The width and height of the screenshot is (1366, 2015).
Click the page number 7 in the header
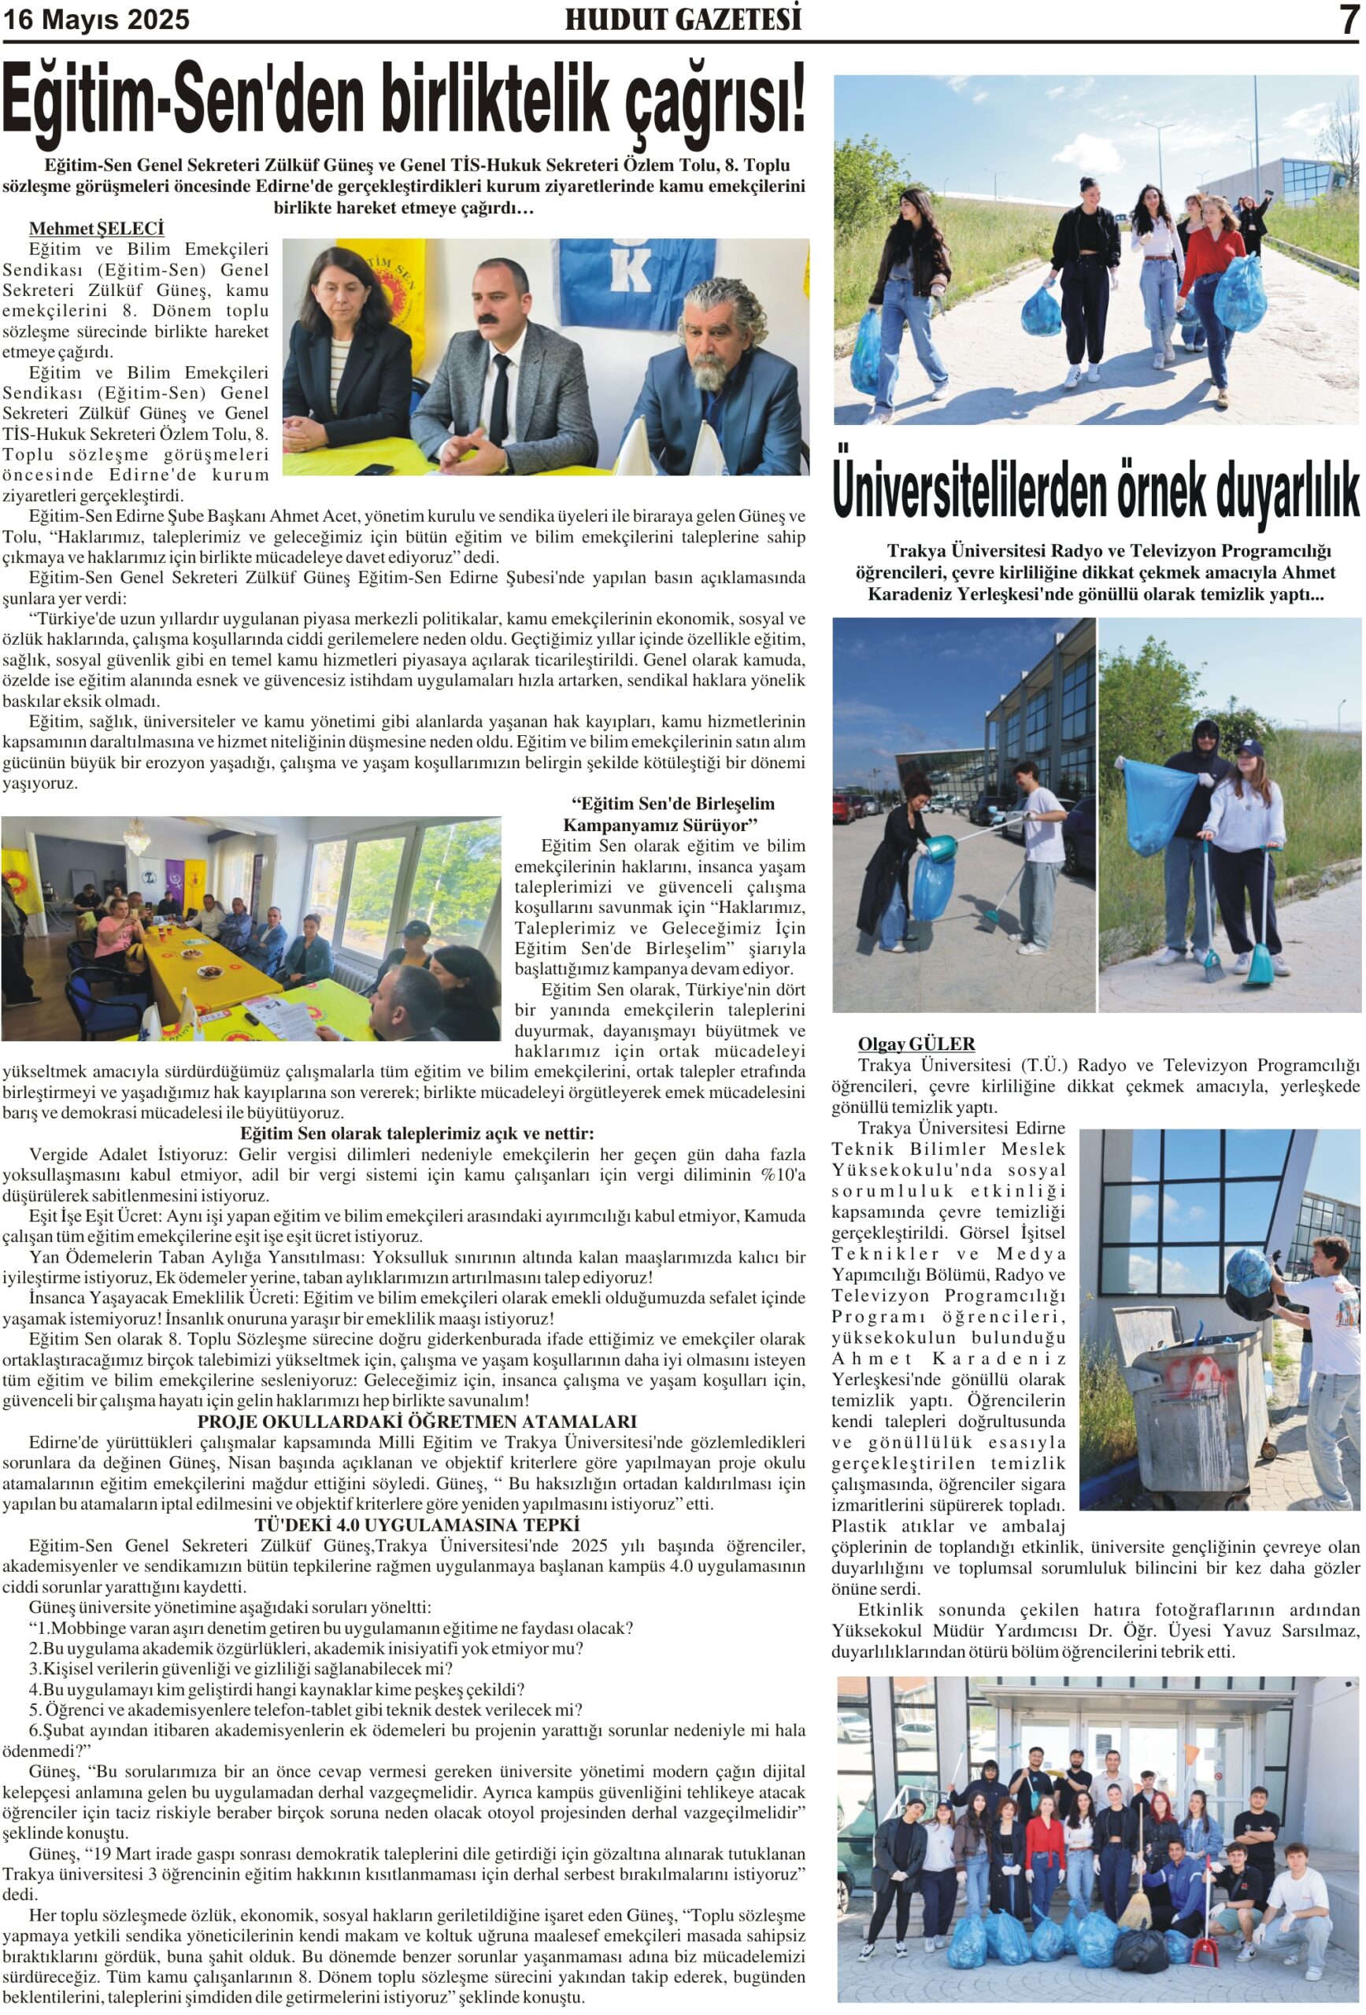coord(1348,19)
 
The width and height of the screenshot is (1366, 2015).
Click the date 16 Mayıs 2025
coord(96,19)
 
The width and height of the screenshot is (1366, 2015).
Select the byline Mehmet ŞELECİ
coord(96,229)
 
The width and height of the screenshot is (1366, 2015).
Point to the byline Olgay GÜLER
coord(916,1044)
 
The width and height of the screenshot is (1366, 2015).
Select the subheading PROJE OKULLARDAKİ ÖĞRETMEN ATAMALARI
coord(416,1422)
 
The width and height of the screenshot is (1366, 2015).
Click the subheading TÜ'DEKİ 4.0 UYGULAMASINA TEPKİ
coord(416,1525)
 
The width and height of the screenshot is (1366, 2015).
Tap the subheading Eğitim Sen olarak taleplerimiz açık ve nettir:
coord(416,1134)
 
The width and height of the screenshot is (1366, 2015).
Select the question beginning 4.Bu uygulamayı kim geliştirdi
coord(276,1690)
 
